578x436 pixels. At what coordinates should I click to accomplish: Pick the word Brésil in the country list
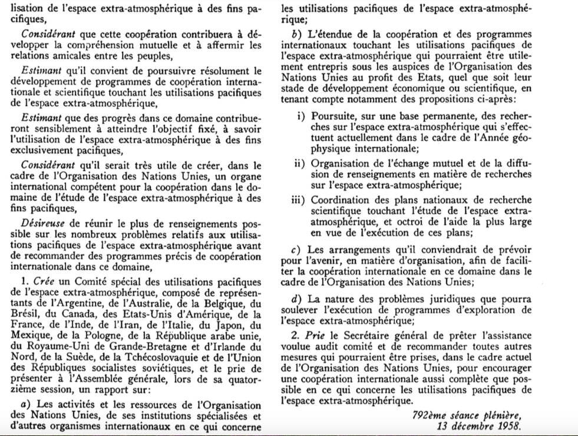(25, 314)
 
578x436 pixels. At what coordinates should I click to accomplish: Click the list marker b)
(289, 34)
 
